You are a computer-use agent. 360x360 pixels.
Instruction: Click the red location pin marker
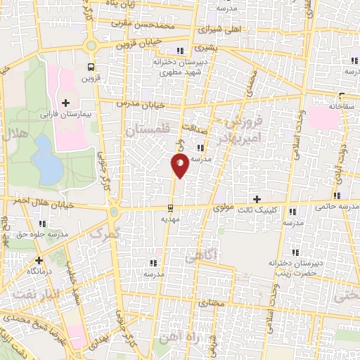[180, 166]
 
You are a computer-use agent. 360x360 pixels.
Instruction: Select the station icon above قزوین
[89, 66]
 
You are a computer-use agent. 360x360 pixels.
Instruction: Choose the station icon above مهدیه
[169, 207]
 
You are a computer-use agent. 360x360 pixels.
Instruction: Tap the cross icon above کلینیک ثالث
[257, 200]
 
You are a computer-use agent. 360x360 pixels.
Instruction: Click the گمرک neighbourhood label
[106, 231]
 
